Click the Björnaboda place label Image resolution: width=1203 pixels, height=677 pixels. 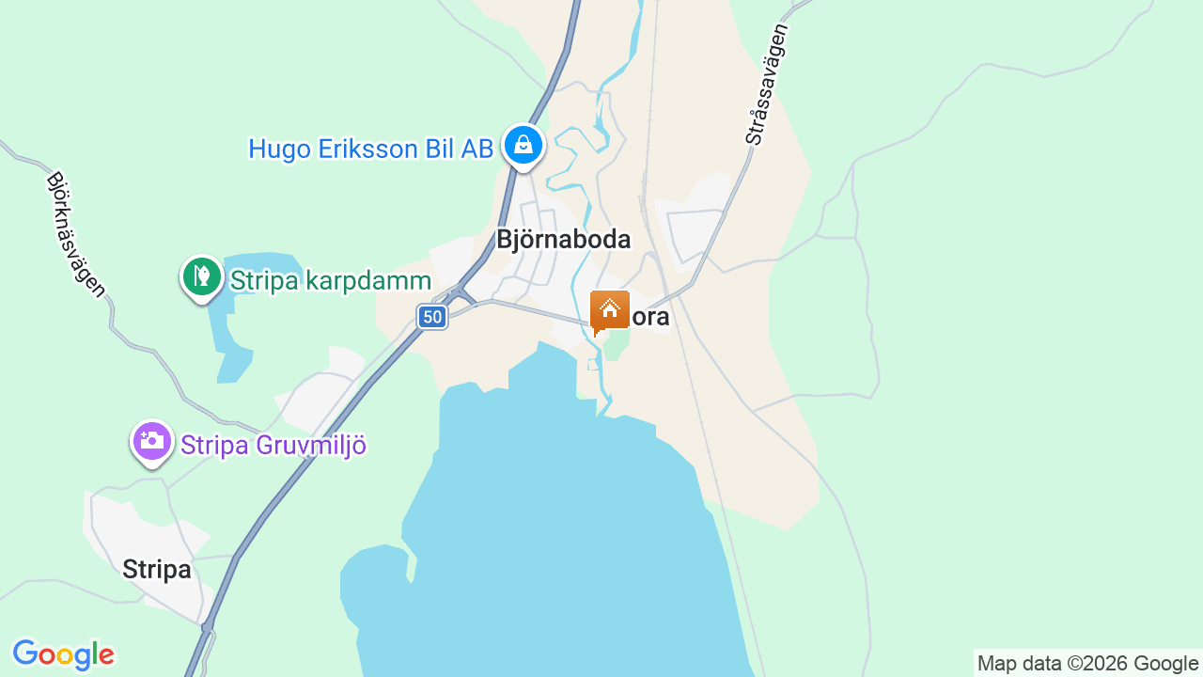click(563, 240)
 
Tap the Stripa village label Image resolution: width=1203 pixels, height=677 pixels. click(157, 570)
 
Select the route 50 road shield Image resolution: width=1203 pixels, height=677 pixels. click(432, 317)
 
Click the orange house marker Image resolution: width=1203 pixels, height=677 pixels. click(609, 311)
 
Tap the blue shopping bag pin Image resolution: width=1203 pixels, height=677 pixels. click(523, 146)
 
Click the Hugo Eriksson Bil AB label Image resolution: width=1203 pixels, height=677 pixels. click(370, 149)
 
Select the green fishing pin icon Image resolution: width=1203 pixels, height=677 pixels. click(201, 277)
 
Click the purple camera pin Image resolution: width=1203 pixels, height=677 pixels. click(152, 441)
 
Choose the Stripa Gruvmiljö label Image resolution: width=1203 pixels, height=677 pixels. click(273, 445)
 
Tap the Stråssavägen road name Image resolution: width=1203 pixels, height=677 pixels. click(768, 85)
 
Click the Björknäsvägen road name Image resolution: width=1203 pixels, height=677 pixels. click(76, 235)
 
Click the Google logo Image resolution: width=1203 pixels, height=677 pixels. click(63, 654)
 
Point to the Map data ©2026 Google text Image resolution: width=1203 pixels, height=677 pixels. click(1087, 664)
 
